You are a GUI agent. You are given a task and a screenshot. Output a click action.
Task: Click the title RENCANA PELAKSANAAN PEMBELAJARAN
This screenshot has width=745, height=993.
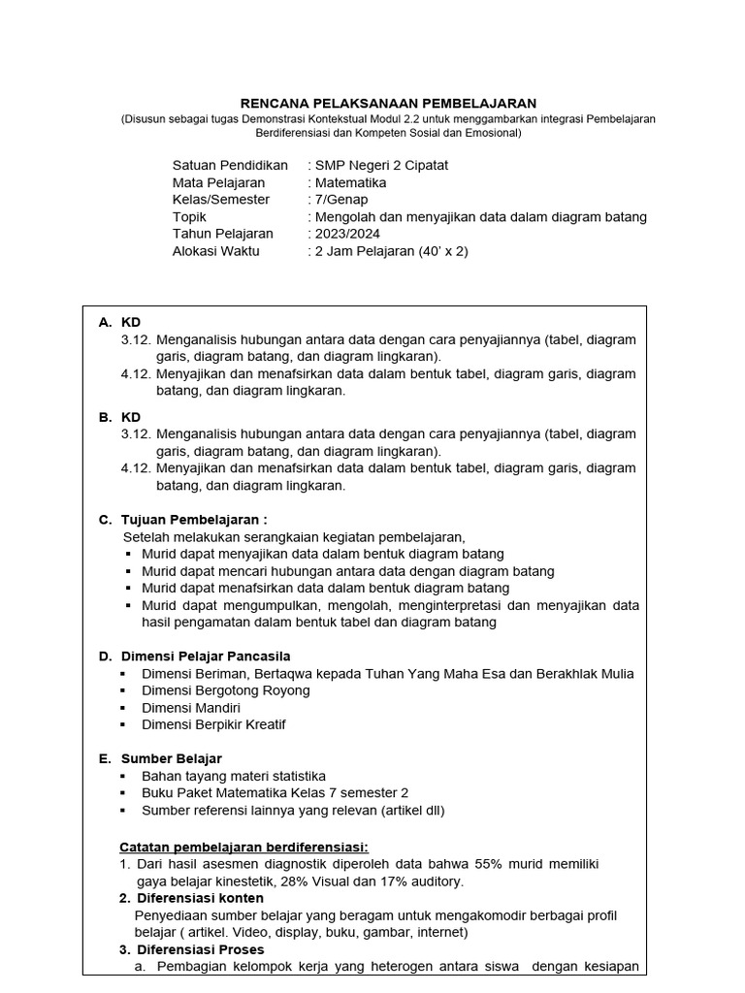coord(388,103)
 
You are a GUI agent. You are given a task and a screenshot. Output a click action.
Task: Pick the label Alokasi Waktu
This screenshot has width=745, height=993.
coord(218,251)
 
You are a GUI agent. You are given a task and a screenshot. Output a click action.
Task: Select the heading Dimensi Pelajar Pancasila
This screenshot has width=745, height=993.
coord(205,657)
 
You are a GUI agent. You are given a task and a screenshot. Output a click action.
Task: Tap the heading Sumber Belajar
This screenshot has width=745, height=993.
coord(171,758)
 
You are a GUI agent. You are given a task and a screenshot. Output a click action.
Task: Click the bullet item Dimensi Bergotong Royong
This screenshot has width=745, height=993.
coord(226,690)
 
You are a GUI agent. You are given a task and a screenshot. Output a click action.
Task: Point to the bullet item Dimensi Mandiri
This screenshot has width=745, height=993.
coord(191,708)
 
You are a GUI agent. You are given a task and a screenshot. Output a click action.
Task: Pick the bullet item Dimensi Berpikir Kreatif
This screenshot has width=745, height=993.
coord(213,724)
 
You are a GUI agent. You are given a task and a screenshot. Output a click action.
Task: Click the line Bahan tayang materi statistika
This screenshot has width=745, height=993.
coord(234,776)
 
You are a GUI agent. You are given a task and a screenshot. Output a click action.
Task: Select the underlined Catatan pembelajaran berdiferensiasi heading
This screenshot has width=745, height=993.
coord(243,846)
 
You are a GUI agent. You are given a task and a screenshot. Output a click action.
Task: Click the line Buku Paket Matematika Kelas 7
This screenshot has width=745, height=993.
coord(275,792)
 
